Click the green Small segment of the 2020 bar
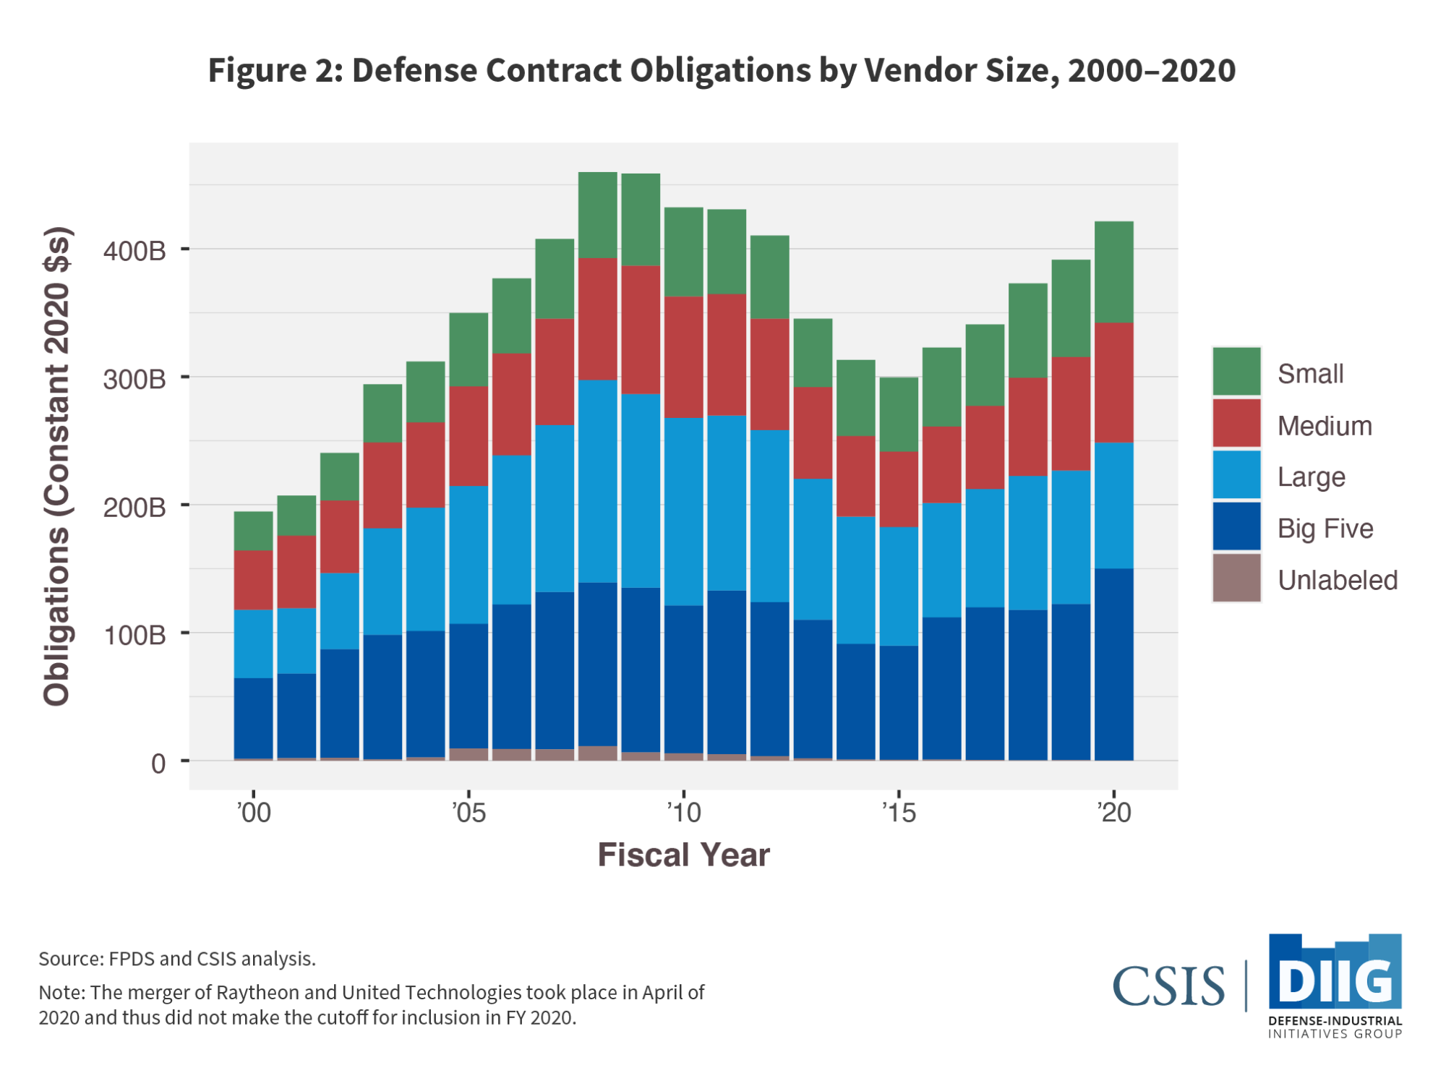(x=1113, y=272)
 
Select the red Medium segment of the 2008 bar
(x=598, y=319)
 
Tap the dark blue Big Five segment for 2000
(x=253, y=718)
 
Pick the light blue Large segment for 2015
(x=899, y=586)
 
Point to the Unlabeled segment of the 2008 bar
(x=598, y=753)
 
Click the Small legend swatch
(x=1236, y=372)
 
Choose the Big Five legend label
(x=1325, y=529)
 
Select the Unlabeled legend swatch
(x=1236, y=578)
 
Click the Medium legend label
(x=1325, y=426)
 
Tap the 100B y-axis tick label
(x=134, y=635)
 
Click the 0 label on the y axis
(x=158, y=764)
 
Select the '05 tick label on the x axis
(x=469, y=813)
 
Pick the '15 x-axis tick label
(x=899, y=813)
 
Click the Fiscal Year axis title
(x=683, y=855)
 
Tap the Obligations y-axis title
(x=56, y=466)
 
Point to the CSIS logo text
(x=1168, y=986)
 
